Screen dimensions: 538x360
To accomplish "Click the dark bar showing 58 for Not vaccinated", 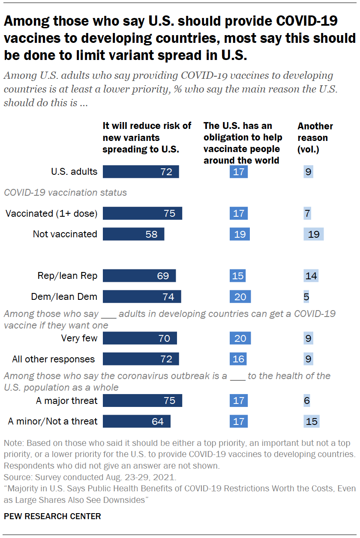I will pyautogui.click(x=133, y=234).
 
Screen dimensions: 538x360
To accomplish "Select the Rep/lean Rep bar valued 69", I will pyautogui.click(x=139, y=275).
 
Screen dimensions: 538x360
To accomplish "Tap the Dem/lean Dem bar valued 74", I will pyautogui.click(x=142, y=296).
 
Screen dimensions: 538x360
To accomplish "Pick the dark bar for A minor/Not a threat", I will pyautogui.click(x=137, y=421).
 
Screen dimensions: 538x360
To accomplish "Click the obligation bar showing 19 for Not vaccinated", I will pyautogui.click(x=240, y=234).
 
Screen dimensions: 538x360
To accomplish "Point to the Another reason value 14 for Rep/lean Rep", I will pyautogui.click(x=311, y=275).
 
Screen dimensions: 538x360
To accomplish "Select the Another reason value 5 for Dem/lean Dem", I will pyautogui.click(x=306, y=296).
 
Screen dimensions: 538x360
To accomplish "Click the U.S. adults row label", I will pyautogui.click(x=74, y=172).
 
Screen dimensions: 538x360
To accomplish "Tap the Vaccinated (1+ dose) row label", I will pyautogui.click(x=51, y=213).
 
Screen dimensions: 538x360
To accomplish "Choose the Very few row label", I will pyautogui.click(x=79, y=338).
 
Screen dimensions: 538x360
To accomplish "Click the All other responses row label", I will pyautogui.click(x=54, y=359).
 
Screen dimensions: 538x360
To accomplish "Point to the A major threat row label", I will pyautogui.click(x=67, y=401).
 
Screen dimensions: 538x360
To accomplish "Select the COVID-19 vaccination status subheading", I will pyautogui.click(x=65, y=192).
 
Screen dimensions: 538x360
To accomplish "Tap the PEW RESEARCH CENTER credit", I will pyautogui.click(x=52, y=516).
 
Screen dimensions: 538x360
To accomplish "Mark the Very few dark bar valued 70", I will pyautogui.click(x=140, y=338).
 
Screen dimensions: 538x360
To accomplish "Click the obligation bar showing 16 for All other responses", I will pyautogui.click(x=238, y=359).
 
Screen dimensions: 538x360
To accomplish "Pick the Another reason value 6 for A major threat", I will pyautogui.click(x=306, y=401).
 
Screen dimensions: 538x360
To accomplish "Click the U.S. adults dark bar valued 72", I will pyautogui.click(x=141, y=172).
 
